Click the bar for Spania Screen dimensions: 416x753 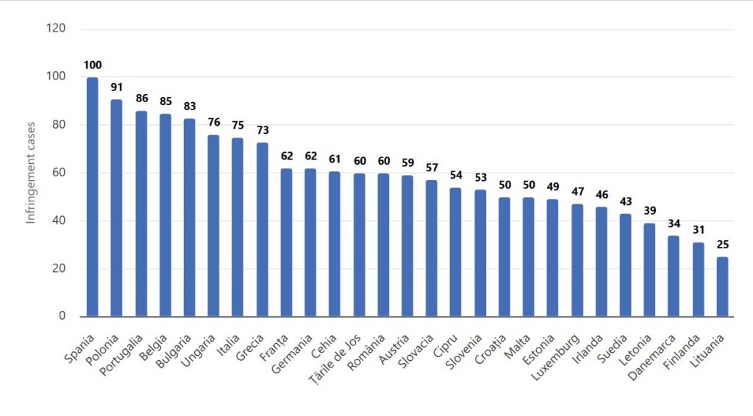pyautogui.click(x=93, y=197)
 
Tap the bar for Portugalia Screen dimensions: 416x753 pyautogui.click(x=141, y=214)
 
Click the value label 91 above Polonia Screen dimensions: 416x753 pyautogui.click(x=117, y=87)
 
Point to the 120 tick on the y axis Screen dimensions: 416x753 pyautogui.click(x=57, y=29)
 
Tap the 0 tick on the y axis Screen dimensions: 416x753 pyautogui.click(x=63, y=317)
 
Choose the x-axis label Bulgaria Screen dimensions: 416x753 pyautogui.click(x=176, y=346)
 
